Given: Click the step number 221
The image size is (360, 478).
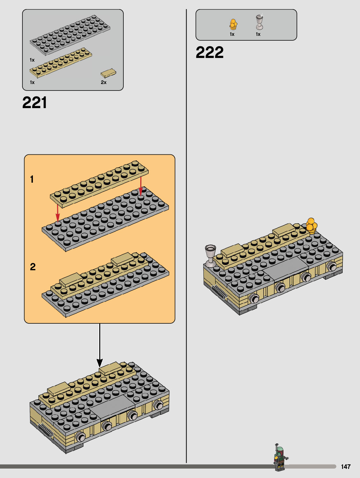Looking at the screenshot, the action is click(x=35, y=103).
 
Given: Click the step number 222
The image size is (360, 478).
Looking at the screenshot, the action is click(x=210, y=52).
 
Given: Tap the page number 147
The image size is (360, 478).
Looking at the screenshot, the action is click(x=345, y=467).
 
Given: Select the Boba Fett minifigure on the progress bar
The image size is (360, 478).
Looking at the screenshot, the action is click(x=280, y=458).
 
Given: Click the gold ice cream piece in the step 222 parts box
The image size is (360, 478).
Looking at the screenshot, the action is click(x=233, y=24).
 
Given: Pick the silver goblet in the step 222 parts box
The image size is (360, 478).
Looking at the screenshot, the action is click(x=259, y=22).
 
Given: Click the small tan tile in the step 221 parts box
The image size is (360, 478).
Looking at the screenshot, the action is click(x=108, y=73).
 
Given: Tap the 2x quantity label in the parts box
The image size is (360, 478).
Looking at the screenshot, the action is click(x=104, y=82).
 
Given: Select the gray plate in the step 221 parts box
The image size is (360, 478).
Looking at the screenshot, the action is click(x=70, y=34).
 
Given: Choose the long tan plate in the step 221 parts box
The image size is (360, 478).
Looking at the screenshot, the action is click(x=61, y=63).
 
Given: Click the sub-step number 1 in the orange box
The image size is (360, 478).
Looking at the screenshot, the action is click(x=32, y=179).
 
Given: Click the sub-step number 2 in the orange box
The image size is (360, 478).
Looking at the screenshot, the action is click(x=33, y=267).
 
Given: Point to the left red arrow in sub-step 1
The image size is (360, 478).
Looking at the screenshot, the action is click(x=58, y=213).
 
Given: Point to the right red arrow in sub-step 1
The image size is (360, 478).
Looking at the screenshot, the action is click(x=141, y=186).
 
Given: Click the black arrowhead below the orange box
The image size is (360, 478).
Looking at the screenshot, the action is click(x=100, y=363).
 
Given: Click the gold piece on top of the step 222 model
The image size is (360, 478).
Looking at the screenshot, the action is click(x=312, y=226).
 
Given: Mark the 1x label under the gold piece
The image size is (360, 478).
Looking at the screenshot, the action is click(x=232, y=34).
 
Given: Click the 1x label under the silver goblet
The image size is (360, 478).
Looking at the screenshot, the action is click(x=258, y=34).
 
